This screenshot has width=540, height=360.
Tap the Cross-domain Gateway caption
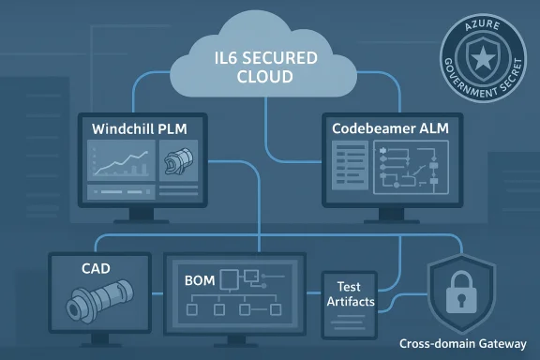(469, 343)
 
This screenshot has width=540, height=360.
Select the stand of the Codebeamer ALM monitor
(382, 218)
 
